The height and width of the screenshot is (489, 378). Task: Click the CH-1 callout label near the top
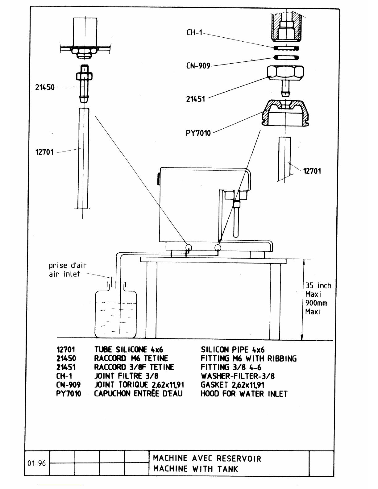(195, 33)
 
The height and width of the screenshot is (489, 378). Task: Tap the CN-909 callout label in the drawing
(198, 66)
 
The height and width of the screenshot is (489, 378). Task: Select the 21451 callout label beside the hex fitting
(196, 99)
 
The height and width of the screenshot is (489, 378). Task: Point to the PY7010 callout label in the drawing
(198, 133)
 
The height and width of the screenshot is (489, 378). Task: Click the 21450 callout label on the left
(45, 87)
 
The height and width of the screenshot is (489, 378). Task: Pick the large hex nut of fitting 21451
(285, 73)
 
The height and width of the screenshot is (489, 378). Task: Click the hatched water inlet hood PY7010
(285, 113)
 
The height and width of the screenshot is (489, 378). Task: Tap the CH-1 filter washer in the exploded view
(286, 48)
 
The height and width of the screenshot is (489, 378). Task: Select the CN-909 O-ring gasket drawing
(286, 58)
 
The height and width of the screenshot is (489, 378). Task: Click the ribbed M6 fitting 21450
(84, 84)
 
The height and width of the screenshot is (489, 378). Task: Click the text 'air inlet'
(64, 274)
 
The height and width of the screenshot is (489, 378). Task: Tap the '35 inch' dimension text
(318, 286)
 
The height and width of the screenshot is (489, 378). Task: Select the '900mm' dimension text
(316, 303)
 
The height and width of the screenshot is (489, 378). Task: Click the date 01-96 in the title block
(36, 463)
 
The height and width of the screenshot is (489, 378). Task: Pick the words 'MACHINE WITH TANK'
(196, 469)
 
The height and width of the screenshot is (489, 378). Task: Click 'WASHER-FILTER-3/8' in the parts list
(238, 376)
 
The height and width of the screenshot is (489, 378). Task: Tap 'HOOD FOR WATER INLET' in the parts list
(244, 394)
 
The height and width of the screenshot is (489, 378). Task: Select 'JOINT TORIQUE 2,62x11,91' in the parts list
(139, 385)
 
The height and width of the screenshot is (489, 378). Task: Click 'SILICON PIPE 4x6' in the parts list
(233, 350)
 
